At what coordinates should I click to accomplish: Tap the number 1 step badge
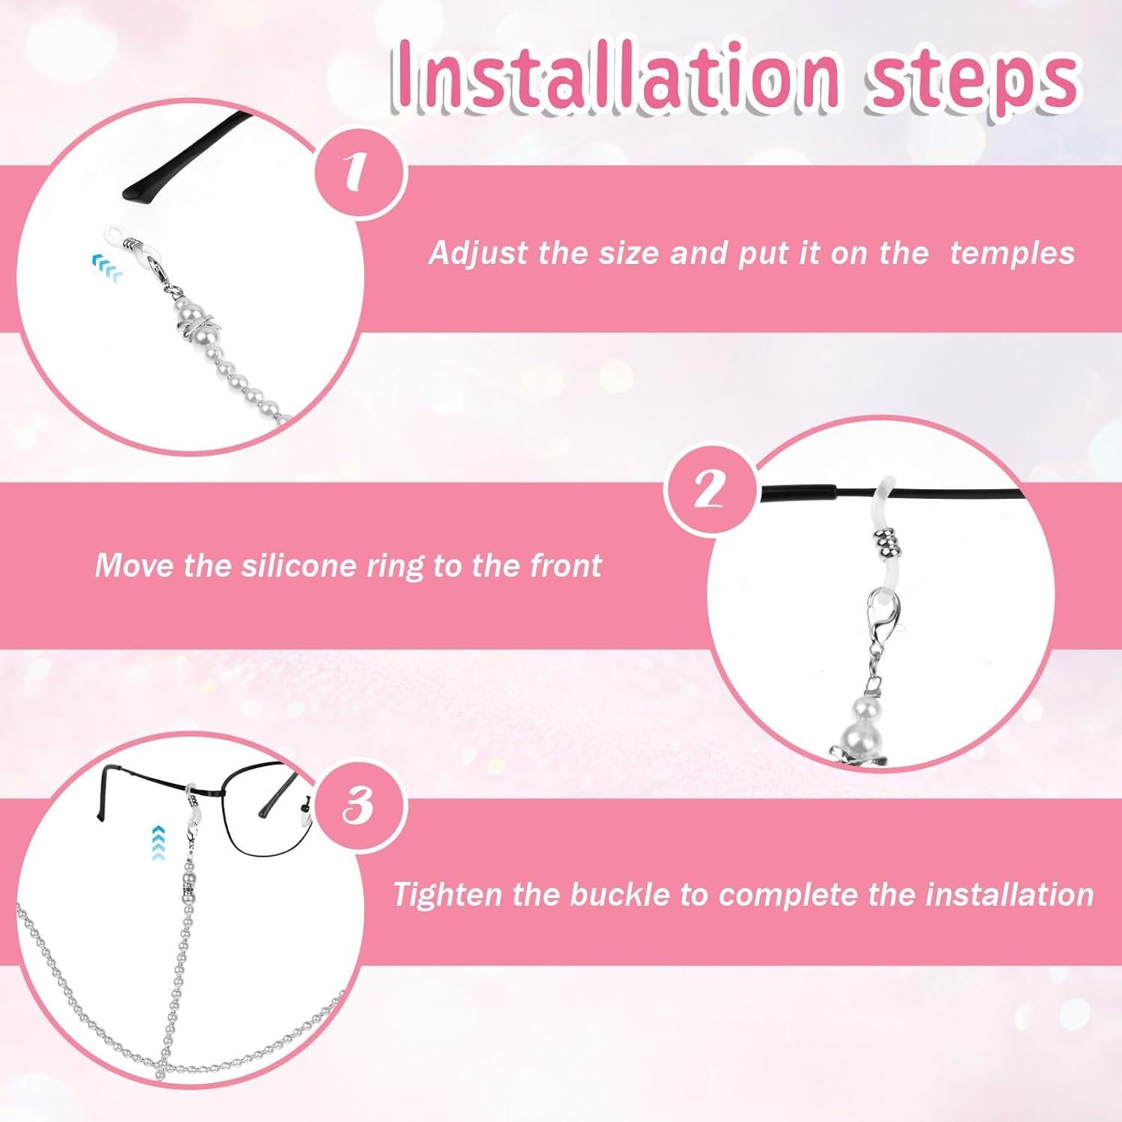pos(360,172)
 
